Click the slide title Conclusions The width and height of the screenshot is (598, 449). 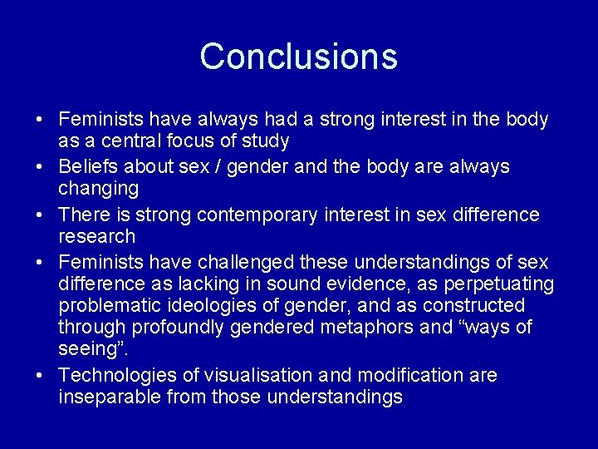tap(299, 57)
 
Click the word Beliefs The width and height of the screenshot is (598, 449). tap(88, 167)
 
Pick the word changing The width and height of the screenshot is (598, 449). tap(97, 189)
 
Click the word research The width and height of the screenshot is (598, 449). tap(96, 237)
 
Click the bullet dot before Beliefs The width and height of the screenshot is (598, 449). tap(40, 167)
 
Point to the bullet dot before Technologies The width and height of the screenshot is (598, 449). tap(40, 376)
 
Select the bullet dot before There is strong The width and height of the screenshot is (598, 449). tap(40, 215)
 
